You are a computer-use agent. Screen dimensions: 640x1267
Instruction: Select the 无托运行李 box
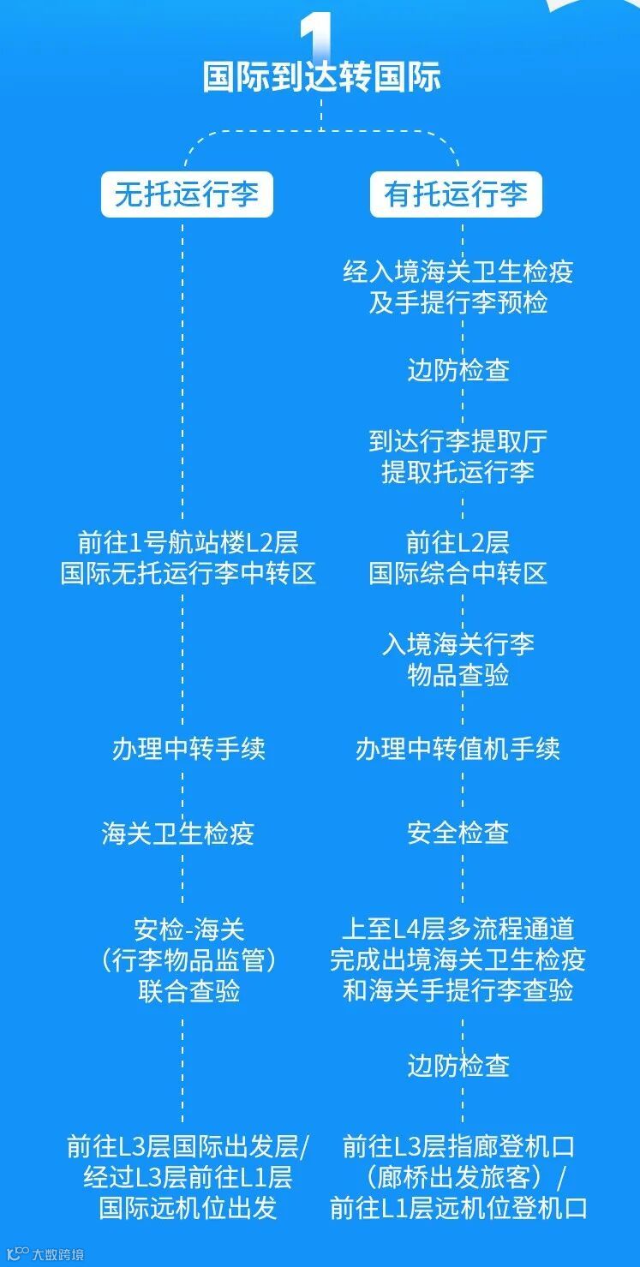[187, 194]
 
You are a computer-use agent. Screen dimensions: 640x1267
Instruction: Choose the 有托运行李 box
[456, 194]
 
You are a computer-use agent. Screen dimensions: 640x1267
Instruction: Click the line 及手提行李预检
[458, 303]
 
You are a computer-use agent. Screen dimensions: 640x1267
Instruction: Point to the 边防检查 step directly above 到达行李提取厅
[458, 370]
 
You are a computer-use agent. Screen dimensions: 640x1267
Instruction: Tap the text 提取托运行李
[458, 472]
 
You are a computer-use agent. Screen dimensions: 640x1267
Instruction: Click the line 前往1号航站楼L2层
[188, 542]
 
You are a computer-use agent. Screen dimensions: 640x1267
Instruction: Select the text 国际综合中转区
[458, 573]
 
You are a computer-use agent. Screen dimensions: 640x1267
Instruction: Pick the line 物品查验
[458, 675]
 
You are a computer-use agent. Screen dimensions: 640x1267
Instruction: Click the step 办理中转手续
[188, 749]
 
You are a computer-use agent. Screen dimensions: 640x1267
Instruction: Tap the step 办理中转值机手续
[458, 749]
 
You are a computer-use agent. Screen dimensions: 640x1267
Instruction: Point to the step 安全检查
[458, 833]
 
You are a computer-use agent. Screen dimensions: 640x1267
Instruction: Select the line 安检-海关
[188, 929]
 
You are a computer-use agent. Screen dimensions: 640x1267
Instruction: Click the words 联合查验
[188, 991]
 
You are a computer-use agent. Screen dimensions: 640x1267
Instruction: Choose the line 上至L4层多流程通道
[458, 929]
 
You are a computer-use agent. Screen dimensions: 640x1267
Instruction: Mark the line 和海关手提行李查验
[458, 991]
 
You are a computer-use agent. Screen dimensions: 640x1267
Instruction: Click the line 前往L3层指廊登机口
[458, 1146]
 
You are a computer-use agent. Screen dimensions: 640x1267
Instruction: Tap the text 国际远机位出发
[188, 1208]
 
